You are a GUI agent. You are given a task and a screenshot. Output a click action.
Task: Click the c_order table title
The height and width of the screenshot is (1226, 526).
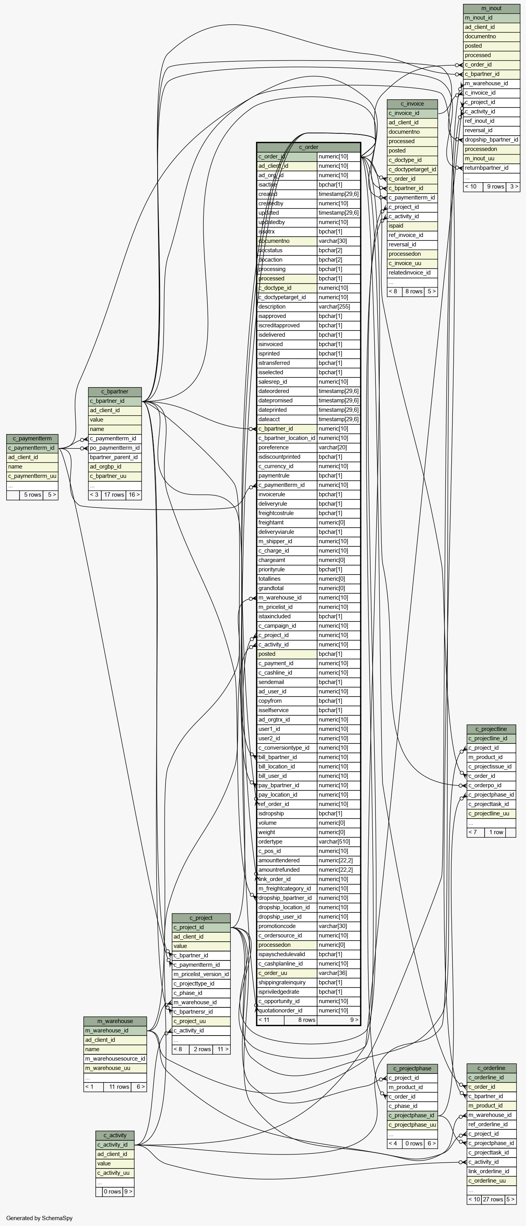coord(309,147)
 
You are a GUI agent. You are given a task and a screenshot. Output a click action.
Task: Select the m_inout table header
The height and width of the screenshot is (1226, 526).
coord(491,8)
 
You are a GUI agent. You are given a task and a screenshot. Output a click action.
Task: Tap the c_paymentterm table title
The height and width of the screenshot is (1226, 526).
coord(32,438)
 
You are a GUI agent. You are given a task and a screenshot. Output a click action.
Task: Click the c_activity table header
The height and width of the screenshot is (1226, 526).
coord(115,1135)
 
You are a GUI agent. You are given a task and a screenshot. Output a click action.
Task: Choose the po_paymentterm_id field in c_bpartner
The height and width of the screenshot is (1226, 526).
coord(115,448)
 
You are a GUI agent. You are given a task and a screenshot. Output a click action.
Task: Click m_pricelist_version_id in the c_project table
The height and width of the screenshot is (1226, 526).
coord(201,974)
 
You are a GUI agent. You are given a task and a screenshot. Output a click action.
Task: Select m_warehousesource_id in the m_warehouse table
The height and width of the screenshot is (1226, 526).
coord(115,1059)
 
